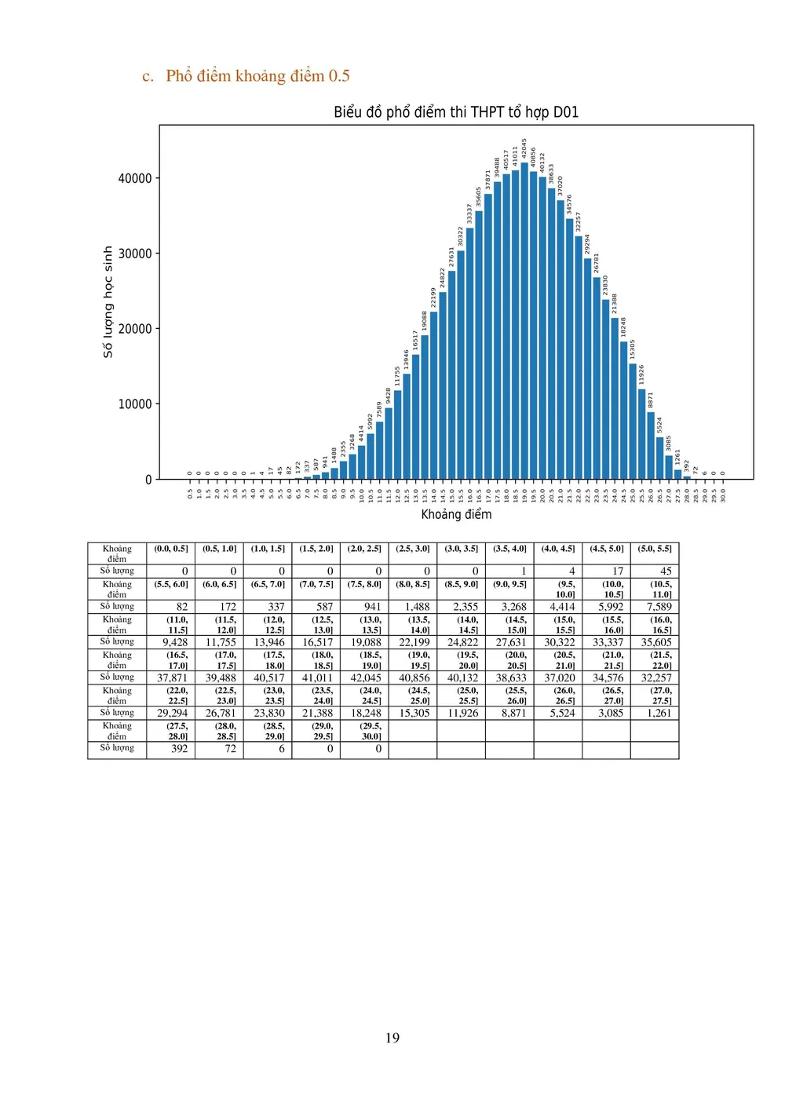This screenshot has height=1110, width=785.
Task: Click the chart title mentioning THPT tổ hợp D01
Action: coord(456,112)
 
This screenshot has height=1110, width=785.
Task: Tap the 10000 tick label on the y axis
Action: coord(135,404)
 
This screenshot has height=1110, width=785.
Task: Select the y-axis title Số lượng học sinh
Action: coord(108,302)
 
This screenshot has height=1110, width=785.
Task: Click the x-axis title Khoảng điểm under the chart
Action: coord(456,514)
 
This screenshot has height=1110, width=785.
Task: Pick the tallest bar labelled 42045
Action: coord(524,322)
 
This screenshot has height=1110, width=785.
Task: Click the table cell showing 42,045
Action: coord(366,678)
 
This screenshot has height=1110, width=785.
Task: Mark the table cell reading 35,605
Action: coord(656,642)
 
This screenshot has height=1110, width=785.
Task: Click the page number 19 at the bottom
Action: coord(392,1038)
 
